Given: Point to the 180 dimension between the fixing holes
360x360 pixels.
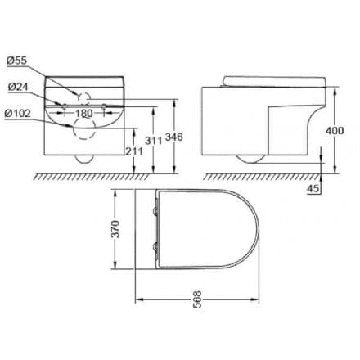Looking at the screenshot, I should pos(84,114).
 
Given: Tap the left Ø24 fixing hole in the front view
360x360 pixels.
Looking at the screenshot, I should pos(65,105).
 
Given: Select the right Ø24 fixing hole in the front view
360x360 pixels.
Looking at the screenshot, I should pos(103,105).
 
